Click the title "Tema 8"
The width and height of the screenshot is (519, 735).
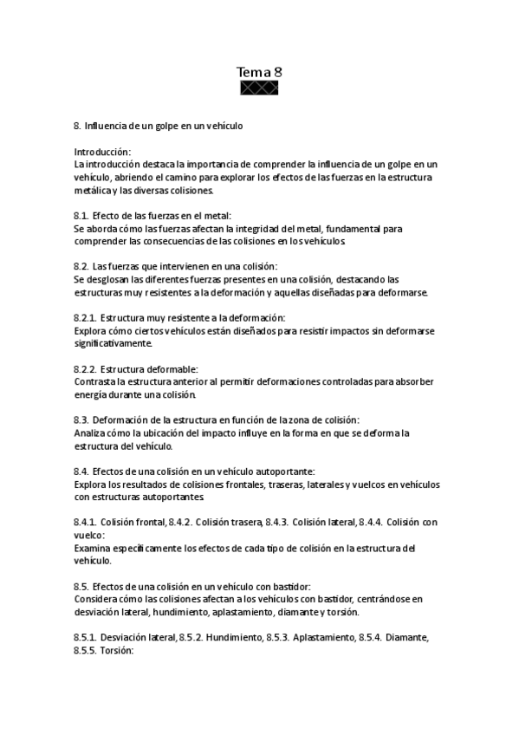click(x=259, y=72)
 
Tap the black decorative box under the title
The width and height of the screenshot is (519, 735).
click(x=259, y=88)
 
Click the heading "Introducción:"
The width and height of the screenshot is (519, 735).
click(x=102, y=152)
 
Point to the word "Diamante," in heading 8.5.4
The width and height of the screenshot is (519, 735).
click(x=404, y=637)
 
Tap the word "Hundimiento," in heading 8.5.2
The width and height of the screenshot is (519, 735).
click(x=234, y=637)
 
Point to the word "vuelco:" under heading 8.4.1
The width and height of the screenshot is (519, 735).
click(x=90, y=536)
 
